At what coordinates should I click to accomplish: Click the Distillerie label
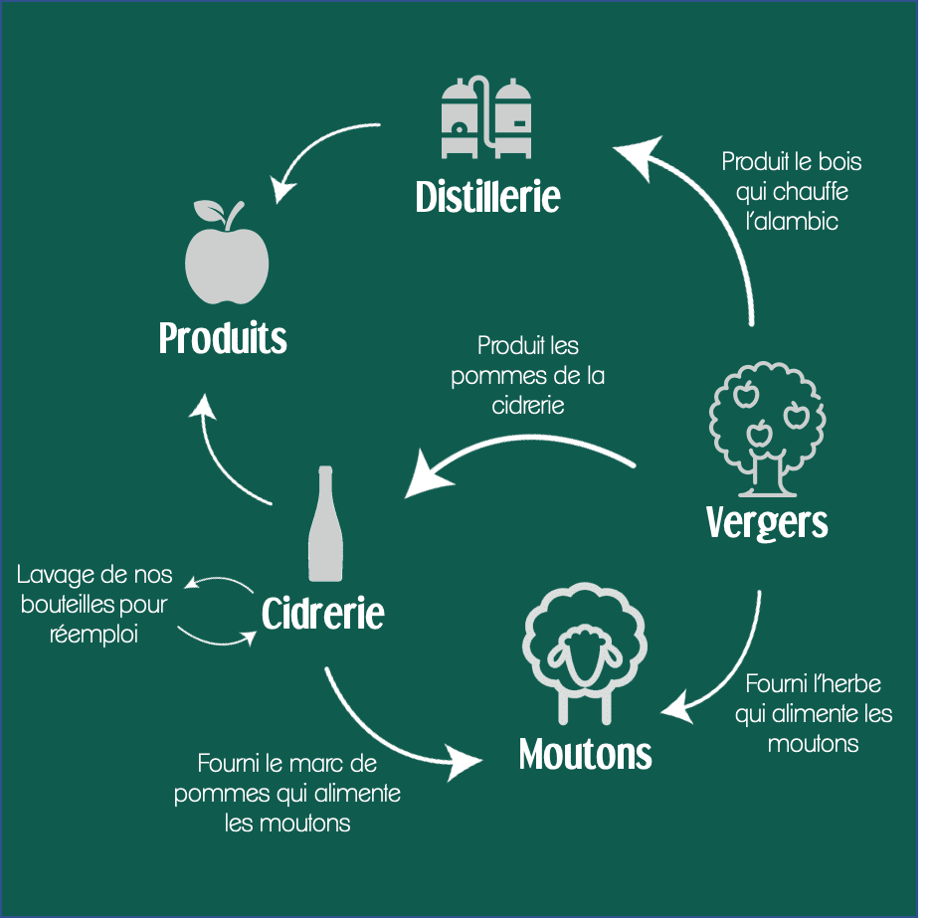tap(487, 196)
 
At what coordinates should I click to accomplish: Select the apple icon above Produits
tap(227, 257)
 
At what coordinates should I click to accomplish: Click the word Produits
tap(223, 339)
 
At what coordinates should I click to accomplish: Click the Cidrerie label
tap(322, 614)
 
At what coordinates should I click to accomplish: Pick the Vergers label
tap(767, 521)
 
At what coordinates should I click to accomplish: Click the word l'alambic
tap(792, 221)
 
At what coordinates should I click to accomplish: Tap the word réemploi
tap(94, 634)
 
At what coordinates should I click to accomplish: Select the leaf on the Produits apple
tap(210, 211)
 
